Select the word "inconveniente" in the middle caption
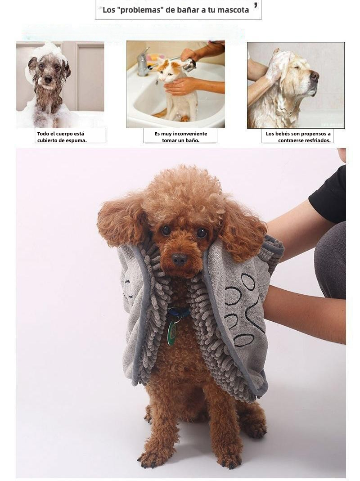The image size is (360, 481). pyautogui.click(x=190, y=134)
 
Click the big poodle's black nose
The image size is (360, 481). pyautogui.click(x=179, y=259)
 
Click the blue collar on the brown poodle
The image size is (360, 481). pyautogui.click(x=178, y=313)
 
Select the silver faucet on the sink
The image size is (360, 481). pyautogui.click(x=143, y=63)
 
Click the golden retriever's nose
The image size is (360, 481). pyautogui.click(x=315, y=76)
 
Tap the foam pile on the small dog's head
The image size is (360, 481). pyautogui.click(x=49, y=51)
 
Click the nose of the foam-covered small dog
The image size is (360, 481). pyautogui.click(x=48, y=80)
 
